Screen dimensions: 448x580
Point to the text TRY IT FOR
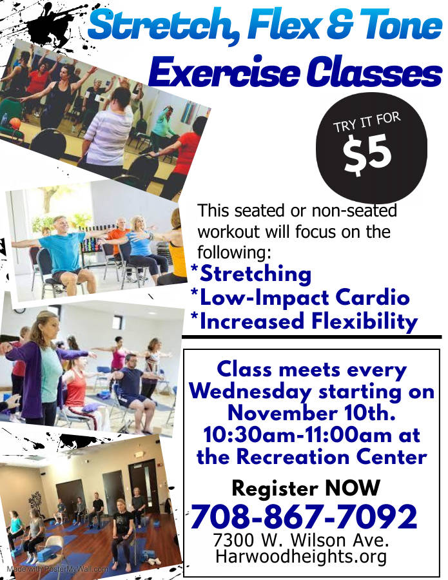point(367,122)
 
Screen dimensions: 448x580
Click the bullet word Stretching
point(255,274)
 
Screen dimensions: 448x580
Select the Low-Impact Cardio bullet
point(304,298)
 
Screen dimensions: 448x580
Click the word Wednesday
point(251,392)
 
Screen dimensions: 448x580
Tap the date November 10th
point(311,413)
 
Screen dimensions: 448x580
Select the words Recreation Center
point(331,456)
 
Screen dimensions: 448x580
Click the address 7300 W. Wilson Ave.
point(301,540)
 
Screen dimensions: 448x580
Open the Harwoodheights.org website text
point(301,556)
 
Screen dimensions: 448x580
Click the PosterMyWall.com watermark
point(57,569)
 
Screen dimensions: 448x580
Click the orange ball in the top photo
point(15,122)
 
